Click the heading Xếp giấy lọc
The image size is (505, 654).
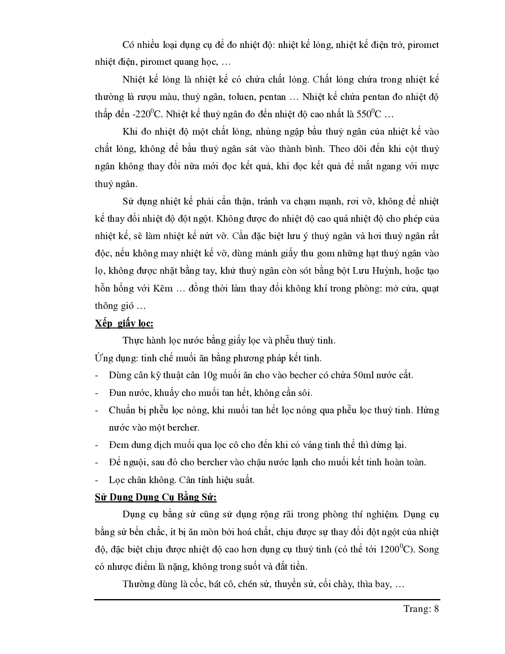tap(124, 323)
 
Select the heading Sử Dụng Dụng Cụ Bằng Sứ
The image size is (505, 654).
tap(156, 497)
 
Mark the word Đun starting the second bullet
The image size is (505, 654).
tap(117, 393)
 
